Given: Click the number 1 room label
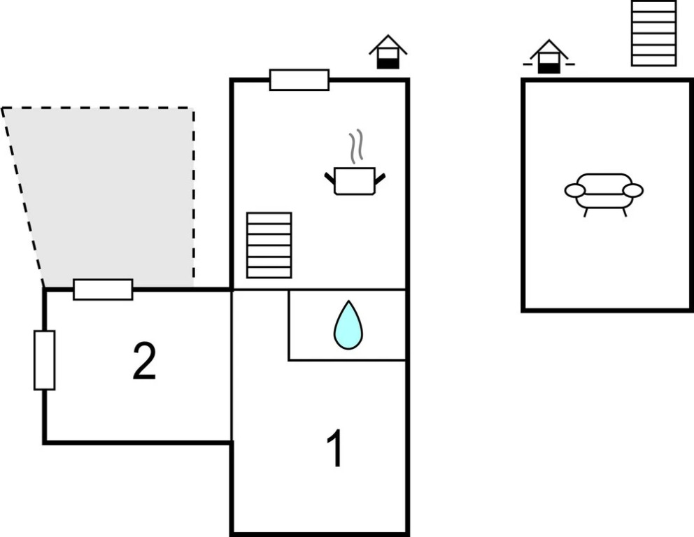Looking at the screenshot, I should (x=336, y=449).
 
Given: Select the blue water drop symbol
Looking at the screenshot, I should (x=348, y=325).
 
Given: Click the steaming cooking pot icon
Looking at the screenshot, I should (x=355, y=180).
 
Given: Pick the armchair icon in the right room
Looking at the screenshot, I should (x=604, y=191).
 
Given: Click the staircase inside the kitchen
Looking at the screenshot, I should (x=269, y=245).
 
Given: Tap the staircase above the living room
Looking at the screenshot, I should (x=653, y=33).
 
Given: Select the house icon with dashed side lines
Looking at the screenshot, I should (x=549, y=57).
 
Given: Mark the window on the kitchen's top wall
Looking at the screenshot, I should (x=299, y=80).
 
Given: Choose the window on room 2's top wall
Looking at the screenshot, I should (x=103, y=289).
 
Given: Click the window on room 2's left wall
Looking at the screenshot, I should (x=44, y=360).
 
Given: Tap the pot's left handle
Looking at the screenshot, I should (x=330, y=178).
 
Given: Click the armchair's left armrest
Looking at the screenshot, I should (x=574, y=191).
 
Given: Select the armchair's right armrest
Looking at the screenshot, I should (x=633, y=190).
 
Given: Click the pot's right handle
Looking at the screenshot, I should (x=380, y=178).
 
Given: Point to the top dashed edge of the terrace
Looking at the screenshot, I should (x=98, y=108).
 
